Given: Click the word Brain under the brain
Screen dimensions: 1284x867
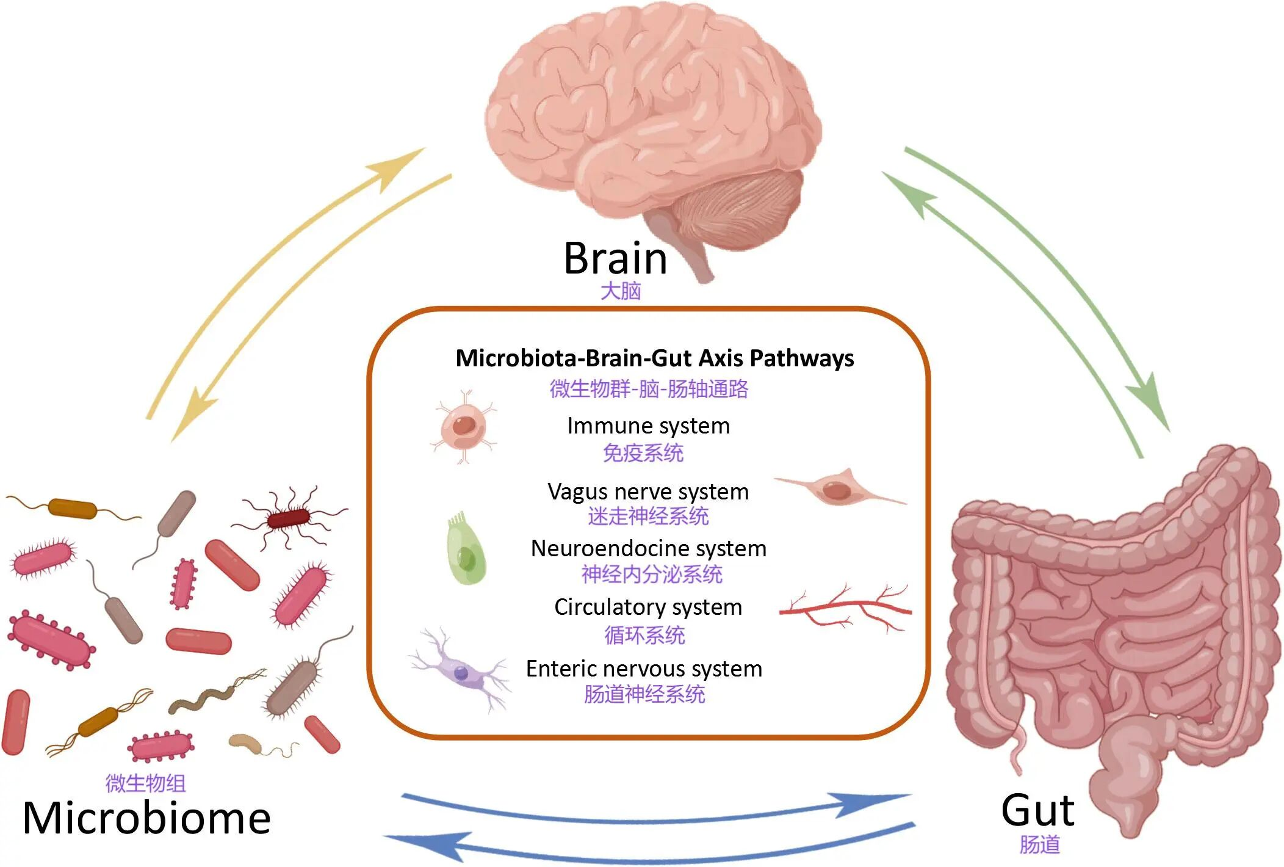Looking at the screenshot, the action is coord(615,258).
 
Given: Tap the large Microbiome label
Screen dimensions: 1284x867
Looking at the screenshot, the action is coord(146,818).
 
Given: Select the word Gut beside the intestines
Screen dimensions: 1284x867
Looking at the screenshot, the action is coord(1037,810).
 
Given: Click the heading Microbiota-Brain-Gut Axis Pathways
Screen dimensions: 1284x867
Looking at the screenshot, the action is coord(655,358).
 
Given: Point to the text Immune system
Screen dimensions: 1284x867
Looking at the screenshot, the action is coord(648,426).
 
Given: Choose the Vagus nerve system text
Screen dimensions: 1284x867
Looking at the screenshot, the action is coord(648,492).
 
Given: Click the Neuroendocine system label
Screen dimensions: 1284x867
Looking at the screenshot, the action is coord(649,548).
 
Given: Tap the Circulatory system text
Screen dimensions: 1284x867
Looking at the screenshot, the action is coord(648,607).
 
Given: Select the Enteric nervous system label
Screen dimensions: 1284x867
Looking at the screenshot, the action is coord(644,669).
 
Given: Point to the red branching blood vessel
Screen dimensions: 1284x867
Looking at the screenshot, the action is coord(846,608).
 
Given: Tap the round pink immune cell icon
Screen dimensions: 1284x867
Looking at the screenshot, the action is coord(464,426).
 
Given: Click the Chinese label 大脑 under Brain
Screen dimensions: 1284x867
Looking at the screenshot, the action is coord(621,291).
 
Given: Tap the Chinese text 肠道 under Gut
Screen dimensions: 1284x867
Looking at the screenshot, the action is coord(1039,845).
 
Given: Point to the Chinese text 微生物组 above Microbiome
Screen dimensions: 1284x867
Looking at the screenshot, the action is coord(145,783).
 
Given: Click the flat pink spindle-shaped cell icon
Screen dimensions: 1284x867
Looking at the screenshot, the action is coord(840,488).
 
